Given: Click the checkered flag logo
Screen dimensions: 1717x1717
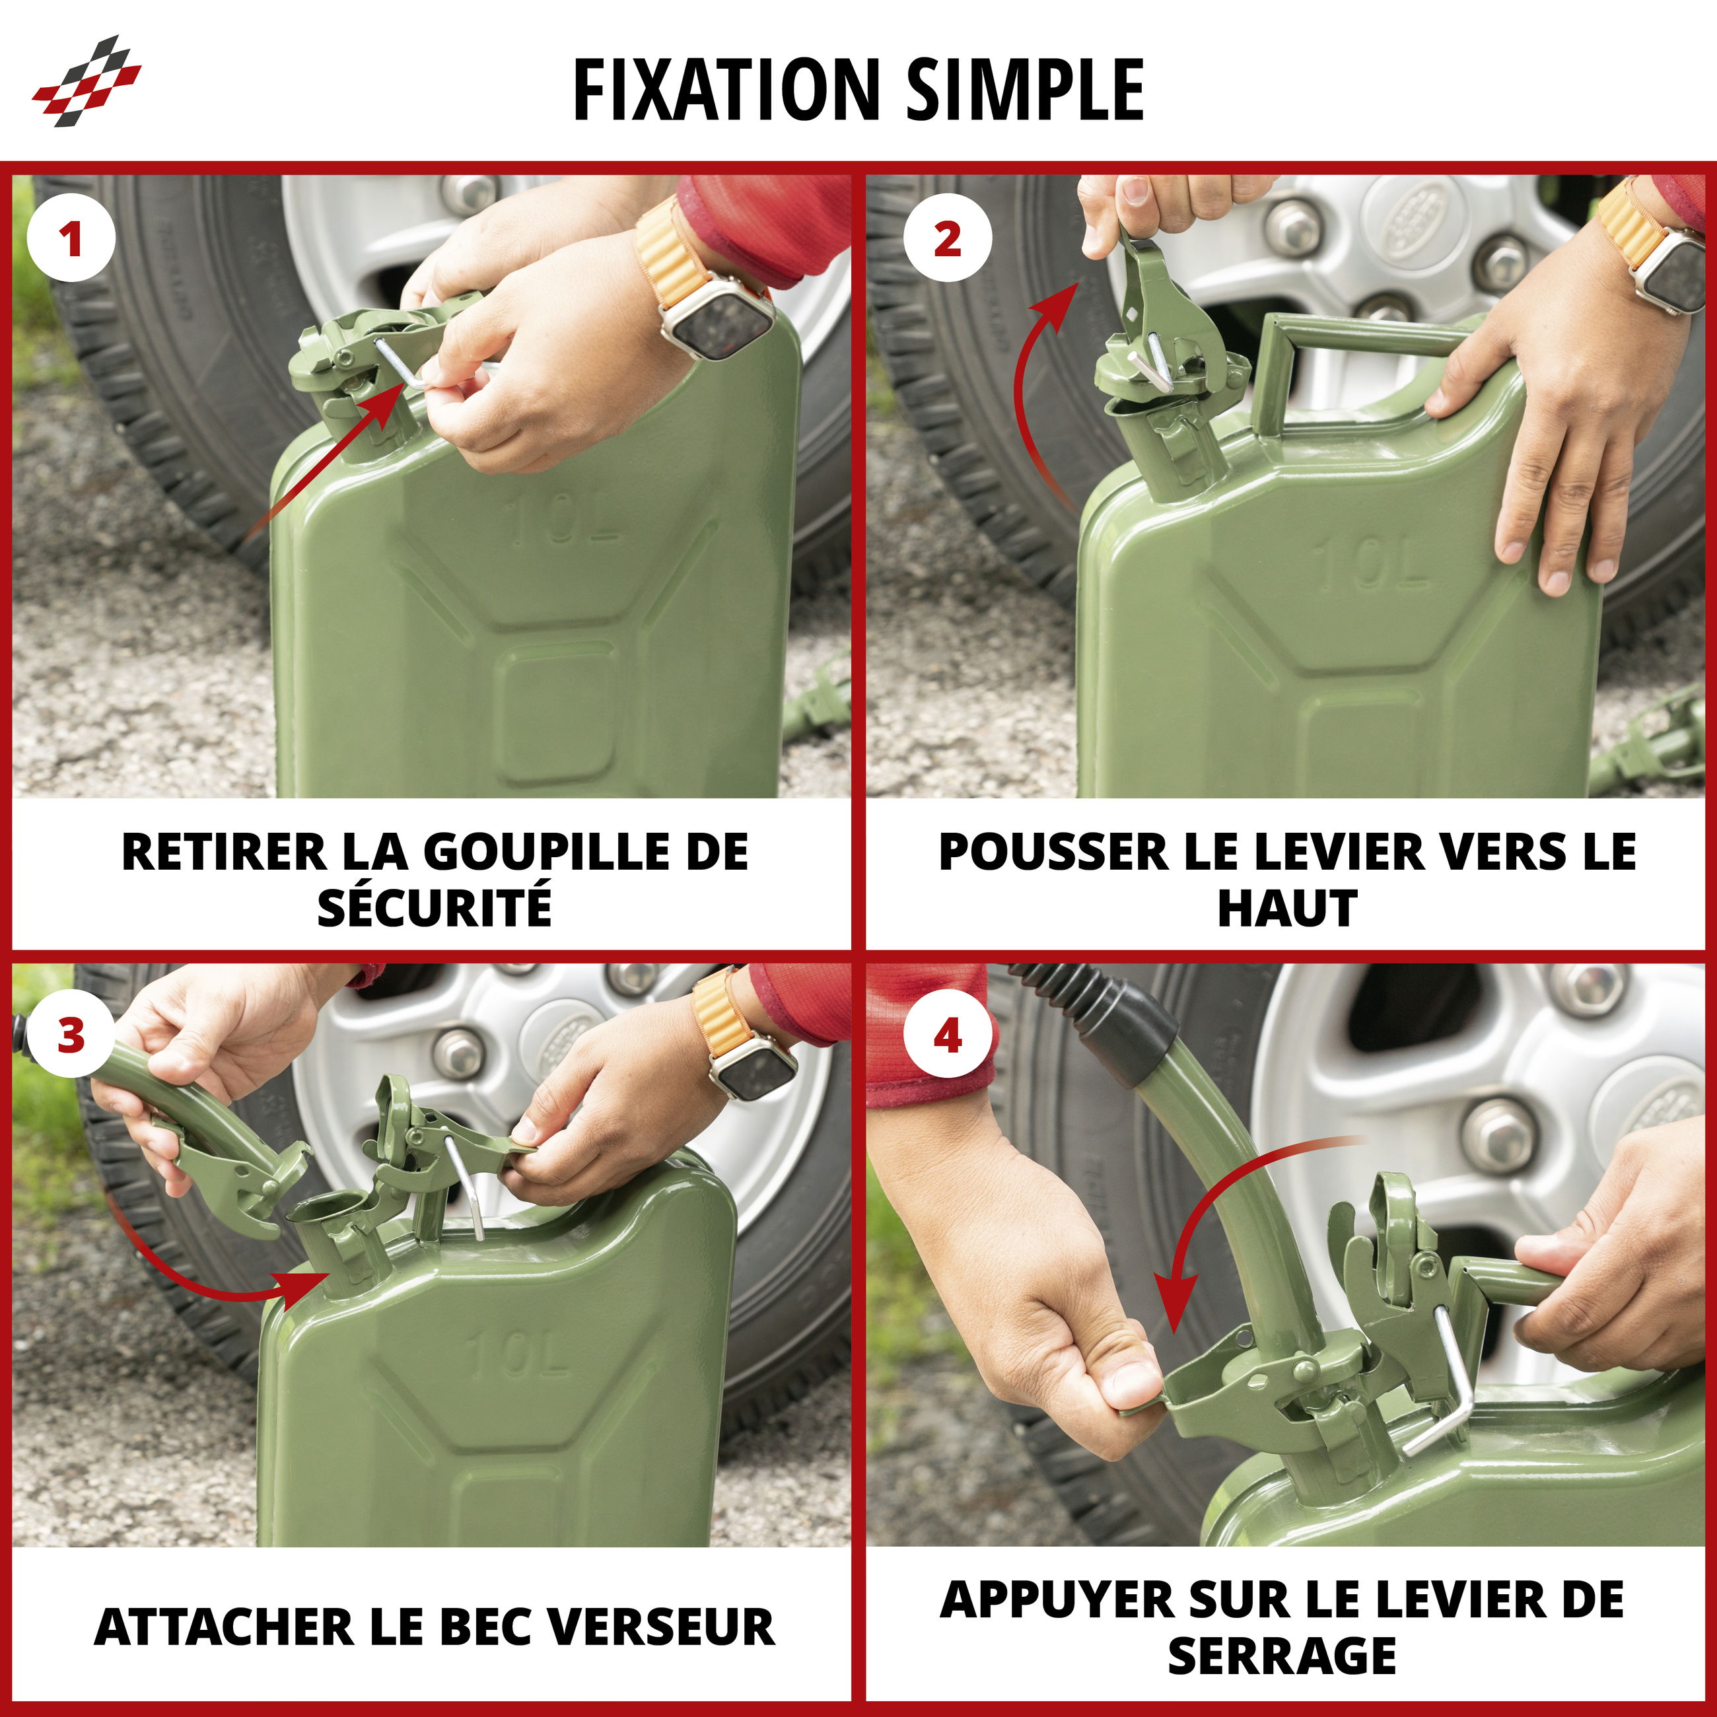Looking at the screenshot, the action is pos(87,80).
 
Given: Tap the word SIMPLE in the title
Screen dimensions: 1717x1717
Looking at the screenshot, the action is pos(1025,89).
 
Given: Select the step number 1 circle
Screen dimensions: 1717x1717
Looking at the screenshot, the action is pos(71,239).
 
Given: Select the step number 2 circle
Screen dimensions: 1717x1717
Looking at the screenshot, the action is pos(948,239).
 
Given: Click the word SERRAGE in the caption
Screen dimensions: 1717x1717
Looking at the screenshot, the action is pos(1282,1656).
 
